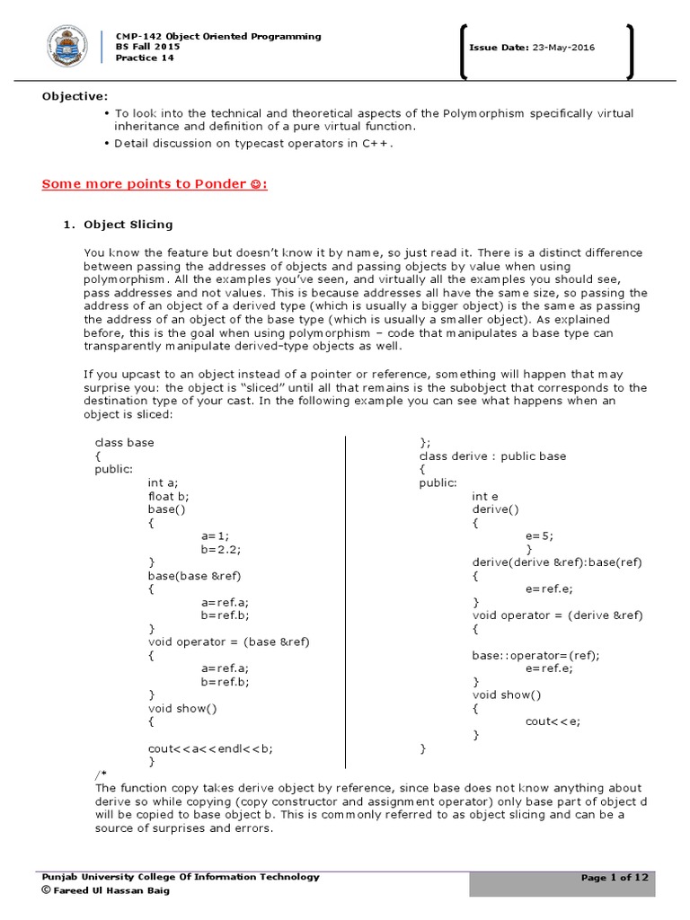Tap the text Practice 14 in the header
click(x=144, y=58)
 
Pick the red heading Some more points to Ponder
click(x=155, y=184)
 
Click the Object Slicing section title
click(x=128, y=225)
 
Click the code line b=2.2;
click(x=222, y=548)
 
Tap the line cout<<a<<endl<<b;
click(x=210, y=747)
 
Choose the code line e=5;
click(x=539, y=535)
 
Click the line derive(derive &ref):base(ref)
click(x=557, y=562)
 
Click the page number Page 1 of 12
click(x=615, y=878)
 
